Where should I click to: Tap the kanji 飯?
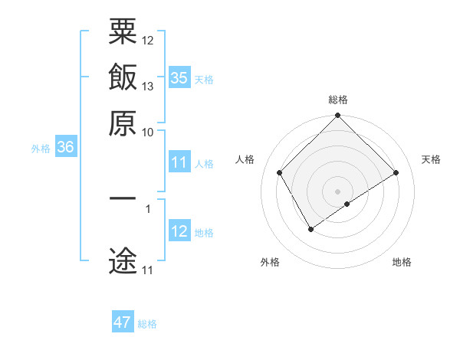123,80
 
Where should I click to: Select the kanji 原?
123,125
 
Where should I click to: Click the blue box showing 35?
179,78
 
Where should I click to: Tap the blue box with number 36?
65,148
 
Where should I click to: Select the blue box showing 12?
179,232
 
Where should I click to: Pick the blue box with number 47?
123,322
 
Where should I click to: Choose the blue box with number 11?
179,163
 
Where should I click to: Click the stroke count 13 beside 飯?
149,86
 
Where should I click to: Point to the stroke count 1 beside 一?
148,208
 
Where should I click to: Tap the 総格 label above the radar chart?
338,100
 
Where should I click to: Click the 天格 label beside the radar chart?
431,159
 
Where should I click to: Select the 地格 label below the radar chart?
402,262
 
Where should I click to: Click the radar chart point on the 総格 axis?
338,116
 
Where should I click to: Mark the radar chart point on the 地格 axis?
347,204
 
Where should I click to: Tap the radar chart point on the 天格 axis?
396,173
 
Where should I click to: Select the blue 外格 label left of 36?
41,149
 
